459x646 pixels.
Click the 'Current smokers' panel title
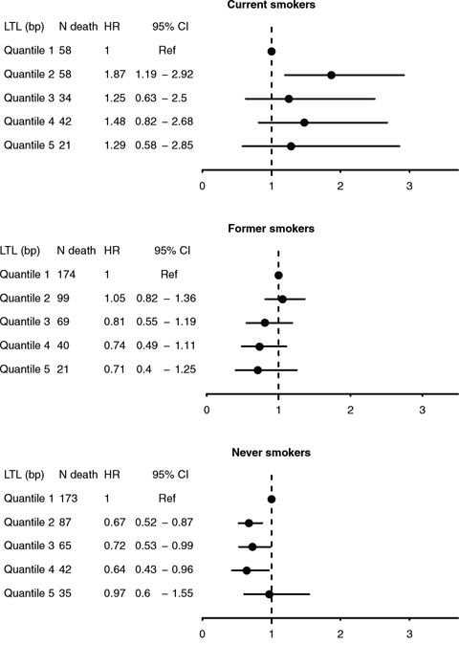[272, 5]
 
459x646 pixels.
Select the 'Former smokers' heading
[272, 229]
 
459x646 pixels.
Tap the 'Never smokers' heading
[272, 453]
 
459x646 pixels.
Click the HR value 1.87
[115, 74]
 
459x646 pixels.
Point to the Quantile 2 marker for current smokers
[331, 75]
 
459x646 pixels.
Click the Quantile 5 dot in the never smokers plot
[270, 594]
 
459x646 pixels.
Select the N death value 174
[66, 275]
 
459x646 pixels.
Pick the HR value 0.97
[115, 593]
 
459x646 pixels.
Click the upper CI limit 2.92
[183, 74]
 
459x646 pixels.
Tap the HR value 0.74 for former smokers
[115, 345]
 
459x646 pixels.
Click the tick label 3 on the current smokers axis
[409, 187]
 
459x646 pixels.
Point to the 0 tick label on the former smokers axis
[207, 411]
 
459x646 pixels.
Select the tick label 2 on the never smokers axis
[340, 634]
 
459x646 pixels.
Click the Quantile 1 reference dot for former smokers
[278, 276]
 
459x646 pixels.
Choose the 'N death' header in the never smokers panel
[78, 475]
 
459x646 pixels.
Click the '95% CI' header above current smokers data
[170, 27]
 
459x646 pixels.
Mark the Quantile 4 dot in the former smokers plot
[259, 346]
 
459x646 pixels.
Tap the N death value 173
[68, 499]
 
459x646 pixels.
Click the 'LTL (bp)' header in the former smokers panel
[20, 251]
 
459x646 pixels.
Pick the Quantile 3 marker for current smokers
[289, 99]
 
